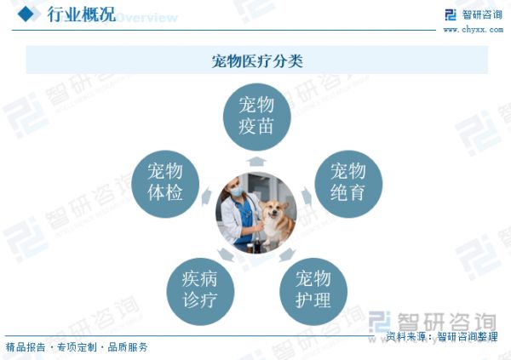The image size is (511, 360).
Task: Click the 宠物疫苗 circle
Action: click(x=257, y=117)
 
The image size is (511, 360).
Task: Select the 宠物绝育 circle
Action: click(x=348, y=184)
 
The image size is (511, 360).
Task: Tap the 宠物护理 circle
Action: click(x=313, y=291)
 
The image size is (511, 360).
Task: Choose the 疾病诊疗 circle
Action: click(x=200, y=291)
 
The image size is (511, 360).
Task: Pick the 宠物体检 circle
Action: click(x=165, y=184)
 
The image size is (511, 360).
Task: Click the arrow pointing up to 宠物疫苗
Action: click(x=256, y=161)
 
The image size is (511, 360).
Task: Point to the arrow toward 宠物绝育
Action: click(x=306, y=197)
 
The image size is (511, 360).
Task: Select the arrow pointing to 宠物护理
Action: click(x=287, y=254)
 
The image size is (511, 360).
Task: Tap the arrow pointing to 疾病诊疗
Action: click(x=226, y=254)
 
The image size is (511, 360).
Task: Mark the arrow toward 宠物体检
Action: click(x=207, y=197)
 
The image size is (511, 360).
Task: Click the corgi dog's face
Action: click(x=274, y=212)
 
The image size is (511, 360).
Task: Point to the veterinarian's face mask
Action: click(x=237, y=191)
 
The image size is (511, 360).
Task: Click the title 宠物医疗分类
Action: click(x=257, y=60)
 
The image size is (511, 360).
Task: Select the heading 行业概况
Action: click(x=82, y=14)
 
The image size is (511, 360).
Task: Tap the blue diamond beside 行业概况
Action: click(x=26, y=14)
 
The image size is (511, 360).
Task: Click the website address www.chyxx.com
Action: click(x=474, y=30)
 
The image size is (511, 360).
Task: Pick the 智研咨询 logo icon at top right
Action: click(x=451, y=14)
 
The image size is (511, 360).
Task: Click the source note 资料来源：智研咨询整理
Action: click(x=442, y=336)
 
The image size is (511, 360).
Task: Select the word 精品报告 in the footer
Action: click(x=26, y=347)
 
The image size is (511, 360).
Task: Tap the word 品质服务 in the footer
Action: click(x=128, y=347)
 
